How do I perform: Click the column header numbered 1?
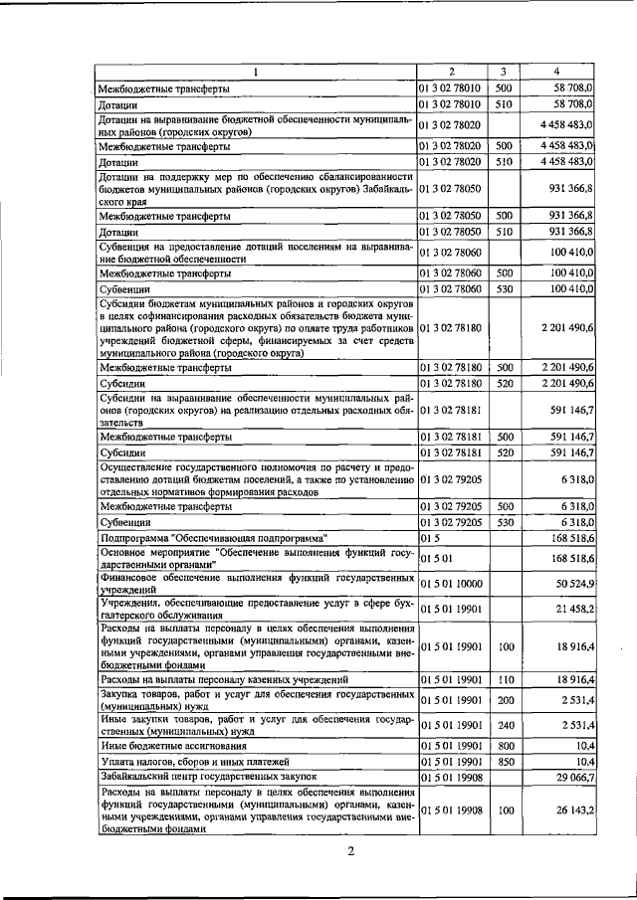[256, 72]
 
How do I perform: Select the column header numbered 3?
[504, 72]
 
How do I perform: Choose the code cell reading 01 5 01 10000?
[451, 584]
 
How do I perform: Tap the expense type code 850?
[504, 761]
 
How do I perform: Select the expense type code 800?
[504, 744]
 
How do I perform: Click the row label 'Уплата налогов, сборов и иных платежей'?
[200, 761]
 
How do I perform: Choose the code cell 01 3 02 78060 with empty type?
[451, 254]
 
